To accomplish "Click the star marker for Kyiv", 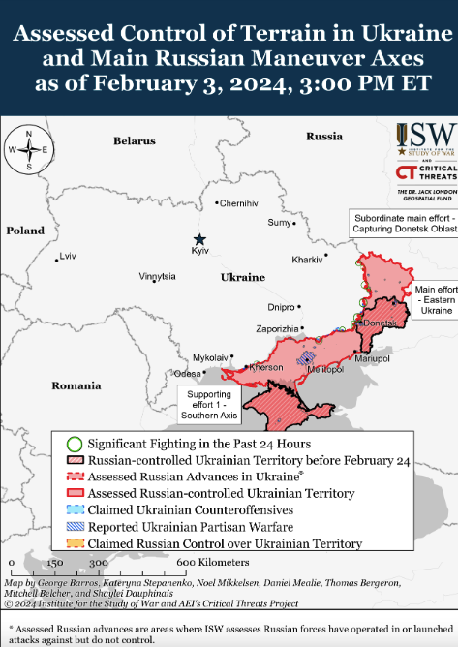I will (x=199, y=239).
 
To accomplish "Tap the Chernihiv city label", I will (x=239, y=204).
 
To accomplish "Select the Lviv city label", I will (x=67, y=256).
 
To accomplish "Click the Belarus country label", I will (x=134, y=141).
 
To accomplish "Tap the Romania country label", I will (x=76, y=385).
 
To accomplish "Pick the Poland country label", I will (x=25, y=231).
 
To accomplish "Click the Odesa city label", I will (x=187, y=373).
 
